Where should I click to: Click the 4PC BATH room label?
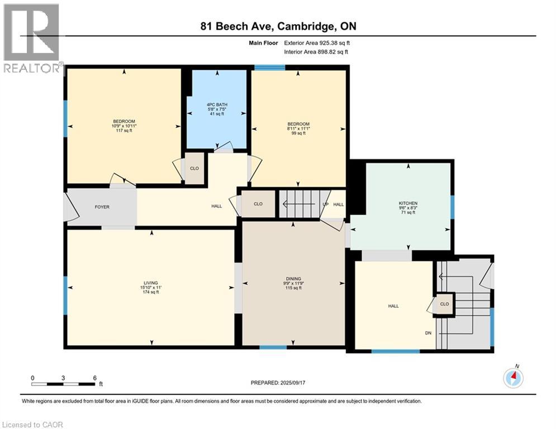point(215,105)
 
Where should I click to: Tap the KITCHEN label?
point(408,203)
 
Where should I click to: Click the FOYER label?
point(102,207)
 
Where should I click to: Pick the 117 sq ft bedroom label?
point(123,121)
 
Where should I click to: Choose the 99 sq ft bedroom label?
point(298,124)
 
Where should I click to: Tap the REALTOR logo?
point(32,39)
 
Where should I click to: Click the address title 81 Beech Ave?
point(278,26)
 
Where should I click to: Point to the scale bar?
point(63,383)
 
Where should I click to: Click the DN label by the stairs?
point(427,333)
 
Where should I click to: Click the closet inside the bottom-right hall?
point(445,304)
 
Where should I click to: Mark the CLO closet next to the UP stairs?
point(258,204)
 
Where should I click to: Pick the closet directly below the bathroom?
point(194,168)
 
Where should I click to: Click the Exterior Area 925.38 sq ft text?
point(317,42)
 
